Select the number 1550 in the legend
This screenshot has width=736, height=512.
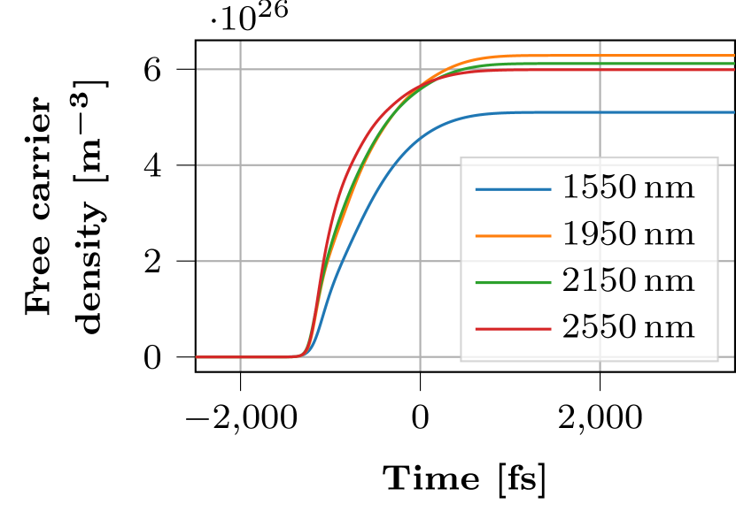click(x=599, y=188)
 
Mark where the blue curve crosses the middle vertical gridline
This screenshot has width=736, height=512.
click(x=420, y=137)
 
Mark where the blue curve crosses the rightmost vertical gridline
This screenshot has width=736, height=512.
click(x=600, y=112)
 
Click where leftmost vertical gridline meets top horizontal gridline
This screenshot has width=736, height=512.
click(x=240, y=68)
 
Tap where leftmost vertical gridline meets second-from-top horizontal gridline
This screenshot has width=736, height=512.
click(x=240, y=164)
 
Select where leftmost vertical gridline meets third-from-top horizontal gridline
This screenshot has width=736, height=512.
click(x=240, y=261)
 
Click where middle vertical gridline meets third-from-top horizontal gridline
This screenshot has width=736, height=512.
click(x=420, y=261)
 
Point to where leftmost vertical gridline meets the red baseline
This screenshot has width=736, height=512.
click(x=240, y=357)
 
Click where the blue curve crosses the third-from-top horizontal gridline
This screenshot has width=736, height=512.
click(x=341, y=261)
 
